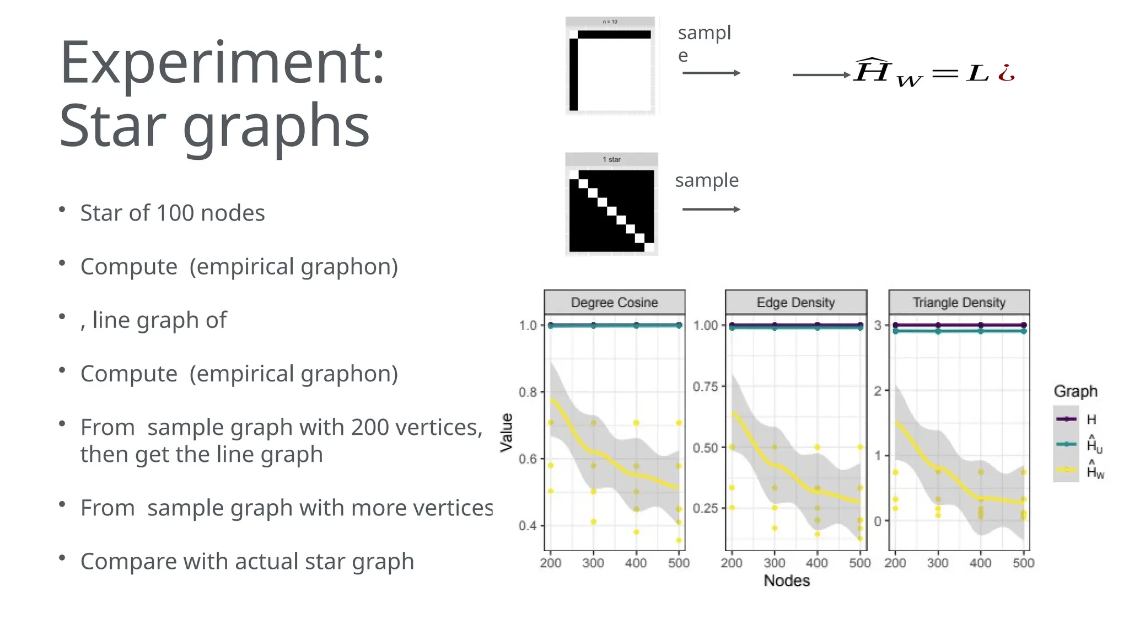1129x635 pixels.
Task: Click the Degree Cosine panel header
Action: tap(614, 303)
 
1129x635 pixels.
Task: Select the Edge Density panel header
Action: tap(795, 303)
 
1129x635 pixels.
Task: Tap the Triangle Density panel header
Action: tap(959, 303)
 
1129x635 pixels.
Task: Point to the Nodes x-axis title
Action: tap(787, 581)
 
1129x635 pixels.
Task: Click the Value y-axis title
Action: tap(507, 433)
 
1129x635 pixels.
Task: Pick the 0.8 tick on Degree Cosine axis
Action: tap(527, 392)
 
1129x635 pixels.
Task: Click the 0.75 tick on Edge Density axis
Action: tap(706, 386)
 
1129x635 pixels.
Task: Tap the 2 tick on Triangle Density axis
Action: tap(878, 391)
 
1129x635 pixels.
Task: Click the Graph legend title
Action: tap(1076, 391)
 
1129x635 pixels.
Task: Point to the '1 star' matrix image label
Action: tap(611, 159)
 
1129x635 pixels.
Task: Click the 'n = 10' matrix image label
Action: tap(610, 22)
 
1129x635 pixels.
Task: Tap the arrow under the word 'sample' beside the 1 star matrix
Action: tap(711, 209)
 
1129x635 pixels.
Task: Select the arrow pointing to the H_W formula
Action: tap(821, 75)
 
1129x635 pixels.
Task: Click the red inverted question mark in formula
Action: tap(1007, 73)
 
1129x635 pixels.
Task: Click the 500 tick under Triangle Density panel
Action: tap(1023, 563)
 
